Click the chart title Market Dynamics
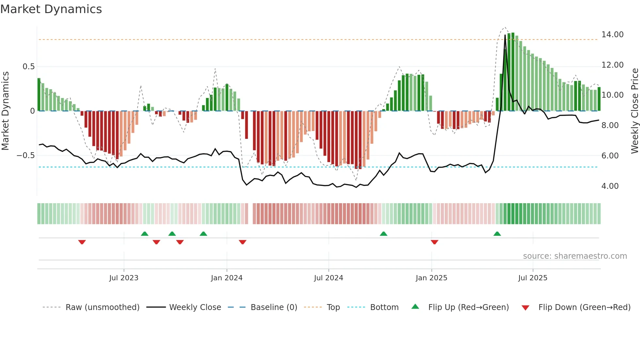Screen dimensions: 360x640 (51, 9)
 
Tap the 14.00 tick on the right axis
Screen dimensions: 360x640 (612, 35)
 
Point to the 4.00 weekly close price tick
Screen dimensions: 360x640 (610, 186)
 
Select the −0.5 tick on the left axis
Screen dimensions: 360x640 (25, 155)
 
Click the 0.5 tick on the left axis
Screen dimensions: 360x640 (28, 67)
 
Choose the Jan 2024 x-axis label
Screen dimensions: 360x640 (227, 278)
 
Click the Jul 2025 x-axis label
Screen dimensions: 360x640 (533, 278)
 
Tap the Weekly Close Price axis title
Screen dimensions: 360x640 (634, 111)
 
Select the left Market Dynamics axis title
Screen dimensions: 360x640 (5, 111)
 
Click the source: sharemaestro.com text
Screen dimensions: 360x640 (575, 256)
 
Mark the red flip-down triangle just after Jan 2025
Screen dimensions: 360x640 (434, 242)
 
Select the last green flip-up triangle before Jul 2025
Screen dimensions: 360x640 (497, 234)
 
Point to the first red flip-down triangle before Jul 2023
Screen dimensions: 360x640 (82, 242)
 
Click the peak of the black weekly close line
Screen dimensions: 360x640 (505, 35)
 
